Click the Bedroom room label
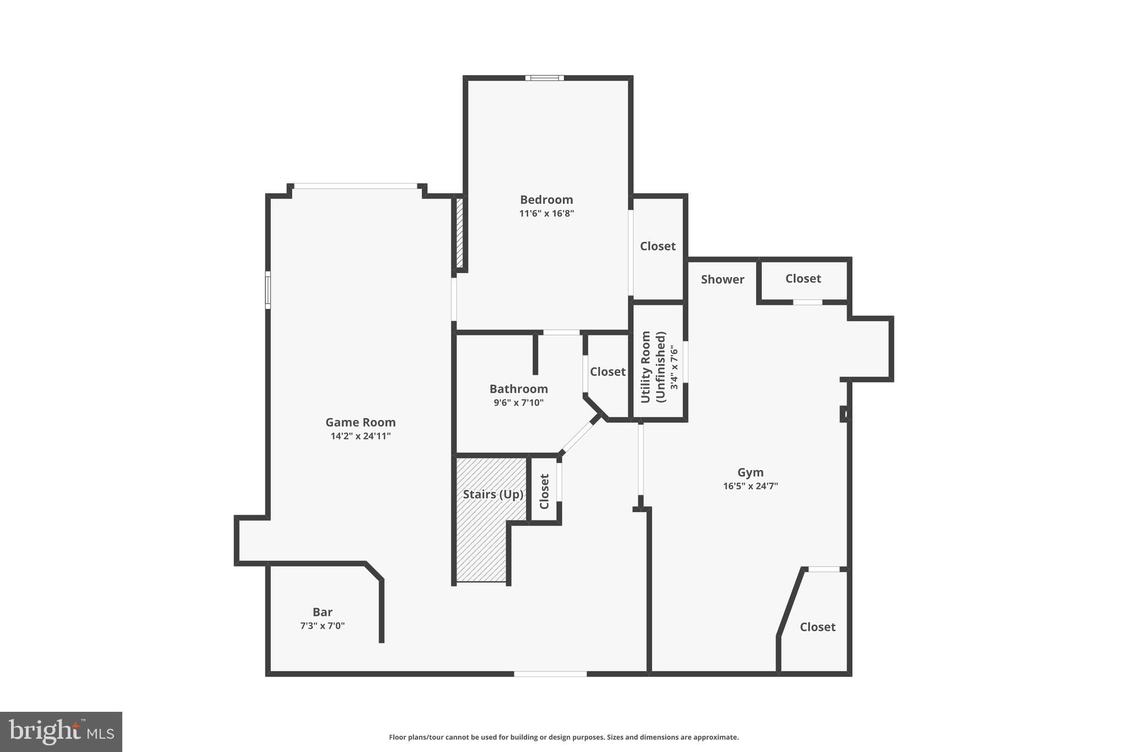click(x=546, y=199)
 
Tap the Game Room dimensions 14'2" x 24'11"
click(x=360, y=436)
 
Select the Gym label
click(x=750, y=472)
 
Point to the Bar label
click(x=322, y=612)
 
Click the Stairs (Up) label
click(x=492, y=494)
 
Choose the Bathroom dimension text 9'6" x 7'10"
click(x=518, y=402)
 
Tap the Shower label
click(x=722, y=279)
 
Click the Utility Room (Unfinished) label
click(x=654, y=366)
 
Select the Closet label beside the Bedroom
click(x=657, y=246)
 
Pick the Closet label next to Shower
click(x=802, y=278)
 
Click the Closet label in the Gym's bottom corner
click(x=817, y=626)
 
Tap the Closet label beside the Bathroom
click(x=608, y=371)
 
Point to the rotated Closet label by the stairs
click(x=544, y=491)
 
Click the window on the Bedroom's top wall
click(x=544, y=78)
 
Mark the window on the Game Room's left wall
click(x=268, y=290)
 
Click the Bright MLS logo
click(x=61, y=731)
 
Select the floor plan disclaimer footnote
click(x=563, y=737)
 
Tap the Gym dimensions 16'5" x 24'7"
click(x=750, y=486)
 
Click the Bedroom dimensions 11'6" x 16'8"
click(x=546, y=213)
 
